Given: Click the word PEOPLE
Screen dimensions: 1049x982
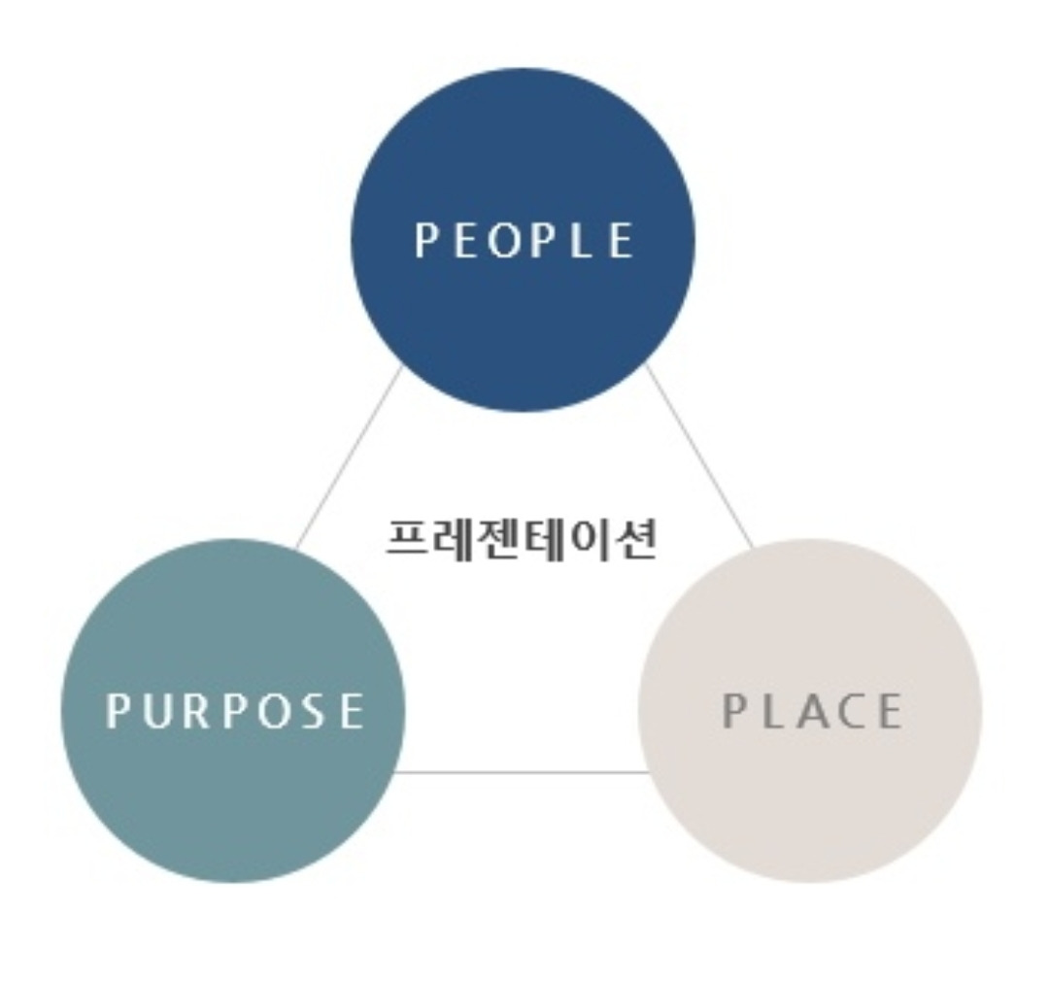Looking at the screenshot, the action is click(524, 241).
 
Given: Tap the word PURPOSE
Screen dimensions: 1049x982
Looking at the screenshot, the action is click(234, 711).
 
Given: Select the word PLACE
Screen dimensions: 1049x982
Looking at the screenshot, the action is click(812, 712).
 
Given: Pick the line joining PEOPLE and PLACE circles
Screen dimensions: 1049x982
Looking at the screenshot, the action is click(699, 457).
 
